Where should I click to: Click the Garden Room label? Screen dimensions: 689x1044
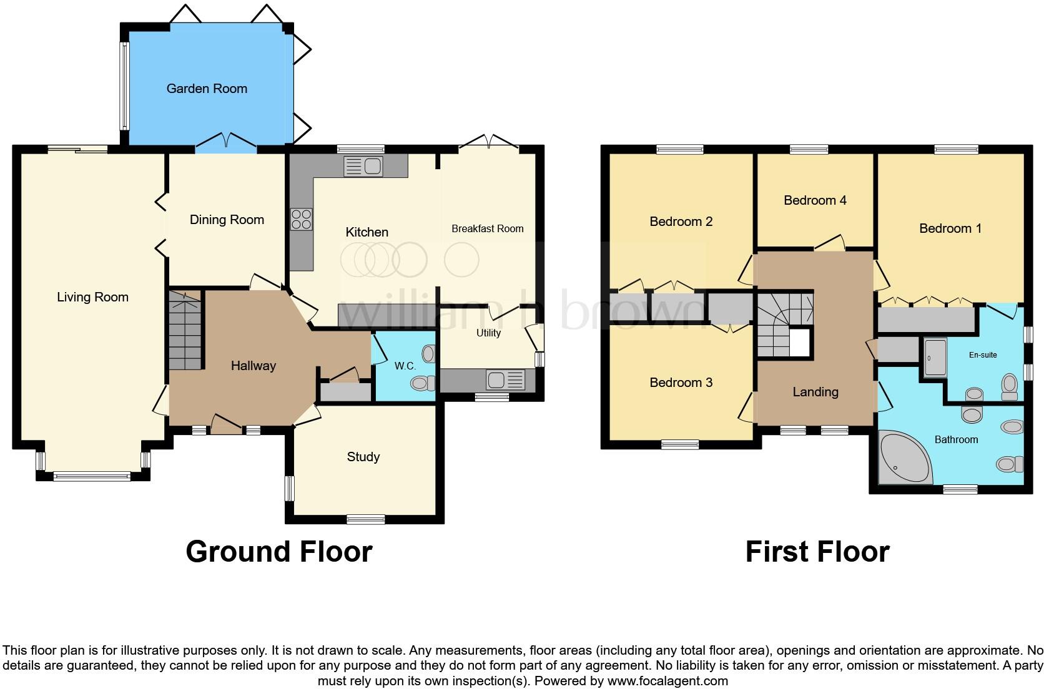pos(207,89)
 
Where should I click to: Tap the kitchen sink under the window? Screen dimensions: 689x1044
pos(363,167)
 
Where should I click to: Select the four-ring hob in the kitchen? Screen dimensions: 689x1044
pos(301,220)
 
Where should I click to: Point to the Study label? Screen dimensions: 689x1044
pos(363,457)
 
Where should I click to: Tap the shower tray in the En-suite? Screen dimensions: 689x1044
pos(935,357)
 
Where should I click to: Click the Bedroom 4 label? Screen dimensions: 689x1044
pos(815,200)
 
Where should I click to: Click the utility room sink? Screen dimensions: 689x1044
pos(506,379)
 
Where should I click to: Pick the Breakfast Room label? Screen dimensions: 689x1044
pos(487,229)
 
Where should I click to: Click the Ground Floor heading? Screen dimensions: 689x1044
pos(278,552)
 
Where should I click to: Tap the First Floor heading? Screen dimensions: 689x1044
pos(817,552)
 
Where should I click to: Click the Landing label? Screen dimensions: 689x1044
pos(815,392)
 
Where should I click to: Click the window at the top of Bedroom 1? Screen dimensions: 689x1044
pos(956,149)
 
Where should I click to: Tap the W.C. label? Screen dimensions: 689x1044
pos(405,366)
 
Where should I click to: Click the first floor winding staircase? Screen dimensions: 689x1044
pos(781,325)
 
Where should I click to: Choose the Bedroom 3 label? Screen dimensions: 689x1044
pos(681,383)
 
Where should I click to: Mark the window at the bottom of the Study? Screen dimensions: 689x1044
pos(366,519)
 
